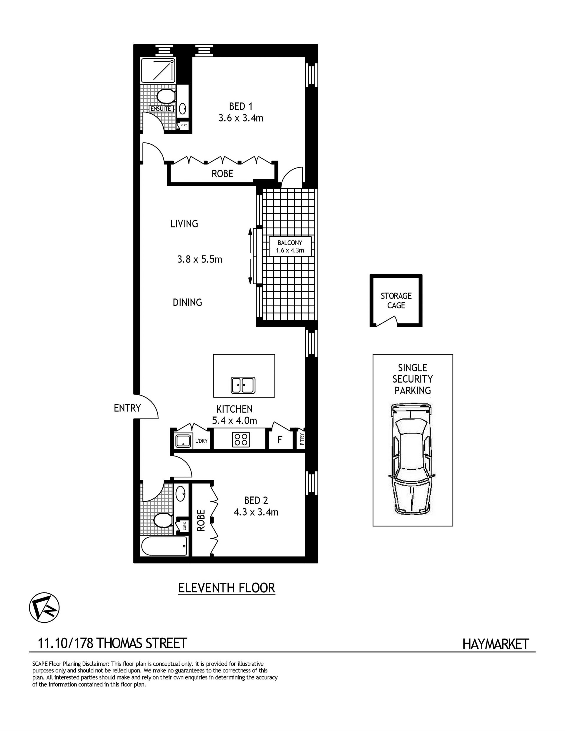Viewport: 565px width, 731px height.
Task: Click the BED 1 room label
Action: pyautogui.click(x=241, y=107)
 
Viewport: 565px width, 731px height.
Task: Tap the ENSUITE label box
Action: pyautogui.click(x=161, y=109)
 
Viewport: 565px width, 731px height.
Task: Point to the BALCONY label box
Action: pyautogui.click(x=290, y=246)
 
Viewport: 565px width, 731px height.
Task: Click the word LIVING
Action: pyautogui.click(x=184, y=224)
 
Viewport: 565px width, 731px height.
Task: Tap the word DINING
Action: pyautogui.click(x=187, y=303)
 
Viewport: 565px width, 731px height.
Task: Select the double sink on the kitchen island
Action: pyautogui.click(x=243, y=385)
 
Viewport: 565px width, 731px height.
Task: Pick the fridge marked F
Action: pyautogui.click(x=280, y=439)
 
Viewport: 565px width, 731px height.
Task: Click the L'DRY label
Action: pyautogui.click(x=202, y=441)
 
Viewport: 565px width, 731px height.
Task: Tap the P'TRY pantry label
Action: pyautogui.click(x=302, y=439)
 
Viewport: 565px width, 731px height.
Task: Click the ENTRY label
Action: pyautogui.click(x=127, y=408)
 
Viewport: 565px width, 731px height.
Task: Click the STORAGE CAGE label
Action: pyautogui.click(x=396, y=300)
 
